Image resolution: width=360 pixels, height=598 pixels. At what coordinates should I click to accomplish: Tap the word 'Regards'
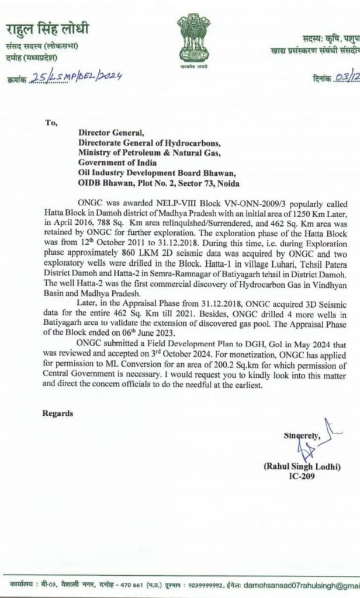58,413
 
